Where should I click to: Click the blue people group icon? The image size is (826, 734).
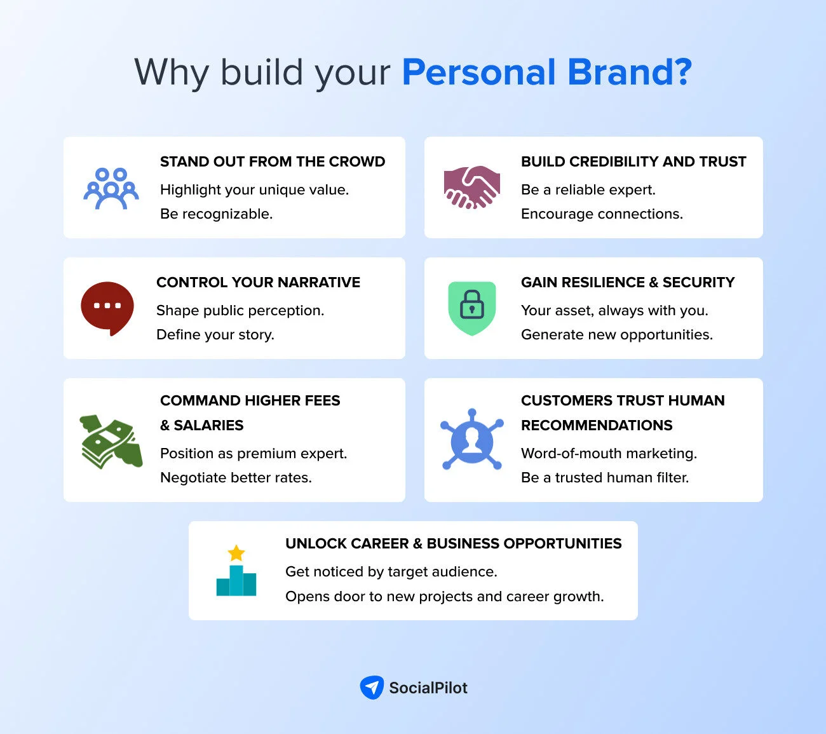coord(111,188)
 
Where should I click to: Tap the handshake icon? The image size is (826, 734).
coord(471,187)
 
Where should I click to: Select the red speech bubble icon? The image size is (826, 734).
coord(107,308)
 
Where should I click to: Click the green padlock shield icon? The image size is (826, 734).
coord(471,308)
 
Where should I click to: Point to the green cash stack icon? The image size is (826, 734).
coord(111,442)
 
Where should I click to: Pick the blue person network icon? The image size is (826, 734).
coord(471,440)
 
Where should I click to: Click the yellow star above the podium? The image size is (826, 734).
coord(236,552)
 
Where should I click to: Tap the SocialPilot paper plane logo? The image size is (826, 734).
coord(372,687)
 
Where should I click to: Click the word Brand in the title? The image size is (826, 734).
coord(629,72)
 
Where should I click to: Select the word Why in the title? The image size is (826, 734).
coord(172,72)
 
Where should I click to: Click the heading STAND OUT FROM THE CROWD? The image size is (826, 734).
coord(273,161)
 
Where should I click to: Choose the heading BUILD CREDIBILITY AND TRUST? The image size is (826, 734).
coord(633,161)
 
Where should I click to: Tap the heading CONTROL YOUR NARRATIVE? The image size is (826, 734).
coord(258,282)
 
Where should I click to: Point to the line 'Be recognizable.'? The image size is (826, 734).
coord(216,214)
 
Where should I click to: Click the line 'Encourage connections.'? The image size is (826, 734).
coord(602,214)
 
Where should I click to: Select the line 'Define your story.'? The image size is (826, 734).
coord(215,334)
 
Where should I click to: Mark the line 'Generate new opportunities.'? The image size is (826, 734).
coord(617,334)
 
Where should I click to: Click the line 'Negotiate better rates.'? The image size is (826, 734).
coord(236,477)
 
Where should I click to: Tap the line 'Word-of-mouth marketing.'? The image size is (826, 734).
coord(609,453)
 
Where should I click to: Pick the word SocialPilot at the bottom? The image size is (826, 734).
coord(428,688)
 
